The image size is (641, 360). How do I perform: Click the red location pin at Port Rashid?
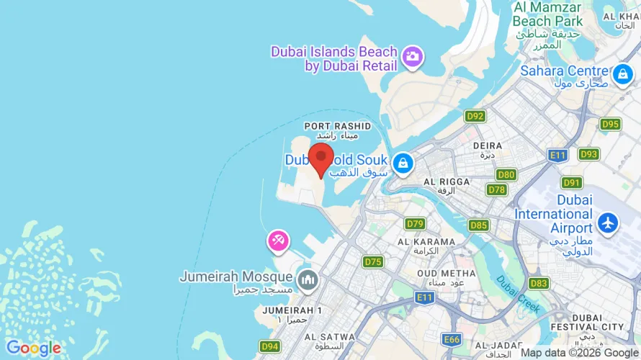coord(320,158)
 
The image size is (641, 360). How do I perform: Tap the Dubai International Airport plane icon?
coord(609,222)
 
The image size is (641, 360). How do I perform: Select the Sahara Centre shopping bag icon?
coord(622,73)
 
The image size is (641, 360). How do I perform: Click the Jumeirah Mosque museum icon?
coord(308,279)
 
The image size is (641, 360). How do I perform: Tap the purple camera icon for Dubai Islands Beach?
coord(412,56)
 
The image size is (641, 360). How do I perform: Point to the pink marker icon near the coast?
coord(278,240)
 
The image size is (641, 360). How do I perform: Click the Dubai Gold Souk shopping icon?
coord(404,163)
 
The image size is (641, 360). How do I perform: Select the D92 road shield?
coord(475,116)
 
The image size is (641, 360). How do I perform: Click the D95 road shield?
coord(610,124)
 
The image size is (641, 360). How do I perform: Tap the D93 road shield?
coord(588,154)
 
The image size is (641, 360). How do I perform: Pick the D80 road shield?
coord(506,174)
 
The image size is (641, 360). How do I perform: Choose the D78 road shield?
coord(496,189)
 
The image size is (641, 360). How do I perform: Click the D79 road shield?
coord(415,223)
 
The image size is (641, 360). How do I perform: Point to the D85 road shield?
coord(478,225)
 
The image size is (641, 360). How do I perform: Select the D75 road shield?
coord(373,262)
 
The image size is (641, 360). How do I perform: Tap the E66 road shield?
coord(452,339)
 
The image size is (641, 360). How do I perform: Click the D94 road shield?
coord(269,346)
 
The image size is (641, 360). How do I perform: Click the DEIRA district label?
coord(488,145)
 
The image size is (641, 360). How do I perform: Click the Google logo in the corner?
coord(33,348)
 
